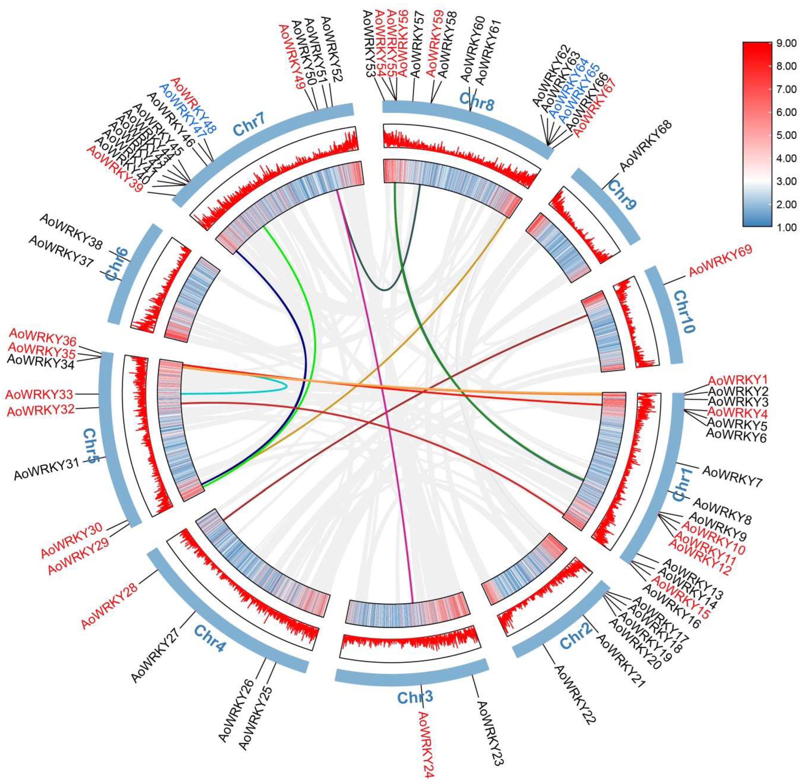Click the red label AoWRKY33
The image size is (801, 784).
39,394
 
